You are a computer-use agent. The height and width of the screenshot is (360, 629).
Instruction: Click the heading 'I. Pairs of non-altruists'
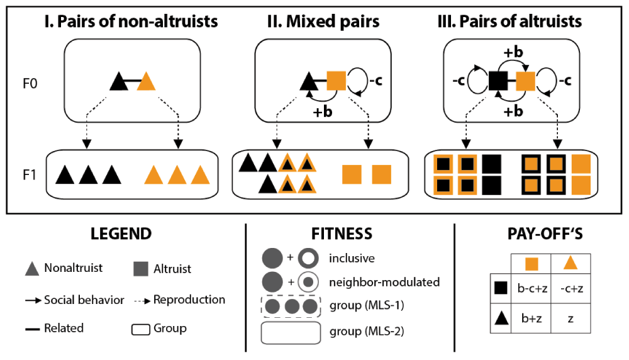pos(131,21)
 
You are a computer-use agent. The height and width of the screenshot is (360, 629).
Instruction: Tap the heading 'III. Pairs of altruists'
pos(509,21)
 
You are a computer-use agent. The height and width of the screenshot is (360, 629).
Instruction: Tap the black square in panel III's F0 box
pos(498,81)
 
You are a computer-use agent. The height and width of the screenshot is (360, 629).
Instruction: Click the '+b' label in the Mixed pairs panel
pos(324,111)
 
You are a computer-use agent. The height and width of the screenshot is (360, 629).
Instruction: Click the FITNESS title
pos(342,234)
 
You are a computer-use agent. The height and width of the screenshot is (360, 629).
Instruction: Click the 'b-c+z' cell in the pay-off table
pos(532,288)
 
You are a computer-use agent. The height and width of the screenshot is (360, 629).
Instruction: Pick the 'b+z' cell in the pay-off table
pos(532,319)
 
